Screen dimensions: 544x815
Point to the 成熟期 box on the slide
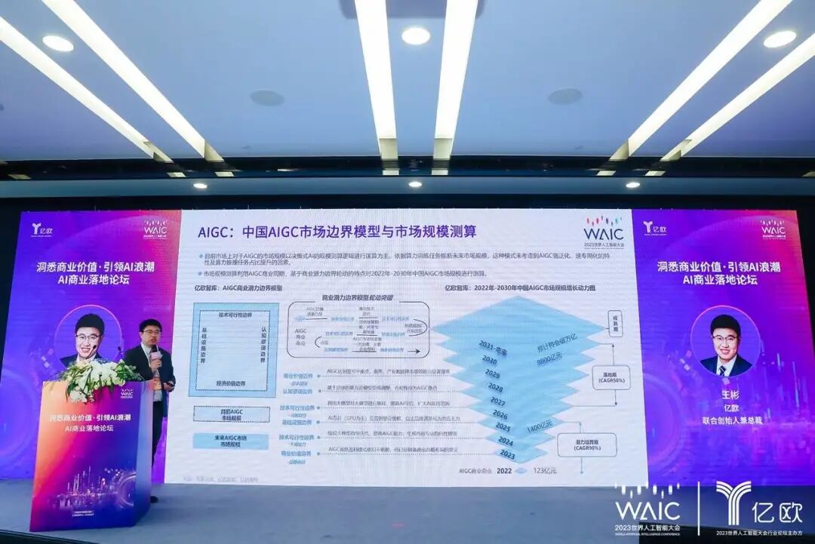(615, 320)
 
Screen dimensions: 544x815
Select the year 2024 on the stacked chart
(506, 441)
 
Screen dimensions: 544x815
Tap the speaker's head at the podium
(149, 331)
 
